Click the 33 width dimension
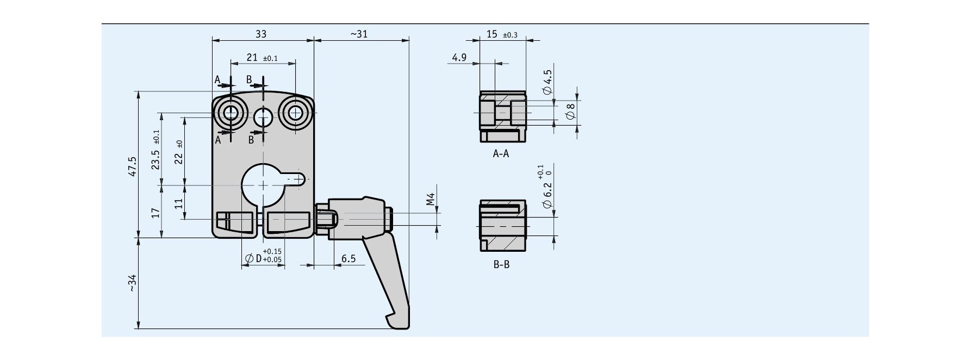click(261, 34)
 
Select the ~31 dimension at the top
click(359, 34)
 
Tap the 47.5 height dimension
click(133, 166)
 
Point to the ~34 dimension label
click(133, 283)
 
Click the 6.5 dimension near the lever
click(348, 259)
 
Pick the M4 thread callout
click(430, 199)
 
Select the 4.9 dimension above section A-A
click(459, 57)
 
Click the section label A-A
click(501, 154)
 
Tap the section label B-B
click(501, 265)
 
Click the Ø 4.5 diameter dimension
click(547, 83)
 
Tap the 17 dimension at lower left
click(155, 212)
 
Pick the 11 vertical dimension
click(178, 203)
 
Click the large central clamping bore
click(263, 185)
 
